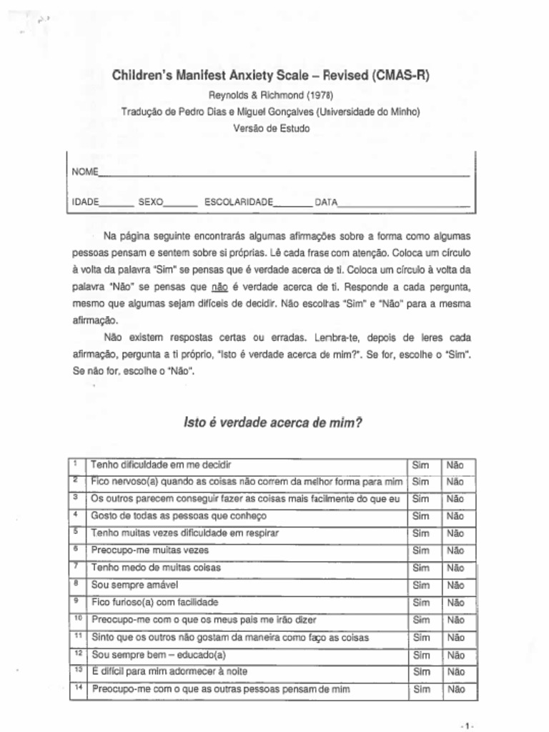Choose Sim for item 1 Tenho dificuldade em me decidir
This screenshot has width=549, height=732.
coord(422,465)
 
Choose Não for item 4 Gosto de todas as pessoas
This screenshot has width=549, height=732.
coord(455,516)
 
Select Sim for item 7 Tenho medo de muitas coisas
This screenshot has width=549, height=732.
coord(422,568)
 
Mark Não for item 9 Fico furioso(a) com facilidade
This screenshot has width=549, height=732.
coord(455,603)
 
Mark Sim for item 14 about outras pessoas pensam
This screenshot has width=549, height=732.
coord(422,690)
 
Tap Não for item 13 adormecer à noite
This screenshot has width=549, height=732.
coord(455,672)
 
